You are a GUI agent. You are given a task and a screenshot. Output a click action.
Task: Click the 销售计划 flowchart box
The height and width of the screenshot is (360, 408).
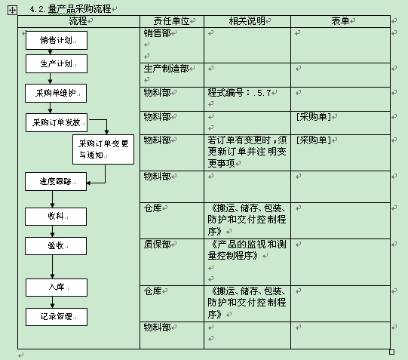click(x=57, y=40)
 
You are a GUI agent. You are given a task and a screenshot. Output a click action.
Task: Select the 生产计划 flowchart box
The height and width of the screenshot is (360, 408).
click(x=57, y=64)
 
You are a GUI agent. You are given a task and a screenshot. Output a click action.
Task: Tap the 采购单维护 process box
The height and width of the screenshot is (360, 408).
click(x=56, y=93)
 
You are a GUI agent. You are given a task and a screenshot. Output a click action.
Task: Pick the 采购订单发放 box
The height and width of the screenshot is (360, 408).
click(x=57, y=122)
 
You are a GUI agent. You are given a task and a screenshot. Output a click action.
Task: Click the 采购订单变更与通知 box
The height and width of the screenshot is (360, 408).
click(x=103, y=149)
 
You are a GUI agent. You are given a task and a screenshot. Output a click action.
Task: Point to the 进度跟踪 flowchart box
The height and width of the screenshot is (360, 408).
click(x=56, y=181)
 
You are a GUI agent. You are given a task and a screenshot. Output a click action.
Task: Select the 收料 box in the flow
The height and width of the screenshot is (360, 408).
click(x=56, y=217)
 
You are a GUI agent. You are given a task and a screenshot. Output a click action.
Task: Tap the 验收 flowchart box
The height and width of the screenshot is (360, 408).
click(x=56, y=246)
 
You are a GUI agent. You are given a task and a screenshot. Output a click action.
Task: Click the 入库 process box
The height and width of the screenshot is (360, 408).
click(x=57, y=288)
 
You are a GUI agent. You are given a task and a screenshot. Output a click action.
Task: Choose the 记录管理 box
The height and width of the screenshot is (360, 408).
click(x=57, y=317)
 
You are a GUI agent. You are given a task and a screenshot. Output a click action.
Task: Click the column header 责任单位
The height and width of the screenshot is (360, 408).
click(x=171, y=21)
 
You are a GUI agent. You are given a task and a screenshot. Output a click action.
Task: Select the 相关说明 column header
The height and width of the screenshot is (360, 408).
click(x=247, y=21)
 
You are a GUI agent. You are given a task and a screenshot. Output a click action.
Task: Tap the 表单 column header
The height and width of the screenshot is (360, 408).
click(x=340, y=21)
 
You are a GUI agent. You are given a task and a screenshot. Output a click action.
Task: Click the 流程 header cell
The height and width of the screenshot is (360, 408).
click(x=78, y=21)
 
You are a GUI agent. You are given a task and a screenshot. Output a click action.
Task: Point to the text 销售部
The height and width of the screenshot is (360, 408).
click(x=157, y=33)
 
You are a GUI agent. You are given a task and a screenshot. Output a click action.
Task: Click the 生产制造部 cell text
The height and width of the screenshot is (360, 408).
click(x=166, y=69)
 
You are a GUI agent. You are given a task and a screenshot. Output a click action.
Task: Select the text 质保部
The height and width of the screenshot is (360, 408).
click(x=157, y=245)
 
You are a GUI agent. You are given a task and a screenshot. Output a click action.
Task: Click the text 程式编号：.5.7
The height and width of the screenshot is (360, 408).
click(x=239, y=93)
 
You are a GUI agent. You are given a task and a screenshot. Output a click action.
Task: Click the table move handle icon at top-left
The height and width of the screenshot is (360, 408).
click(x=12, y=10)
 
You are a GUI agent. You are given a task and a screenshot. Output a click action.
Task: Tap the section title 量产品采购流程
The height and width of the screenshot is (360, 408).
click(x=80, y=9)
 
